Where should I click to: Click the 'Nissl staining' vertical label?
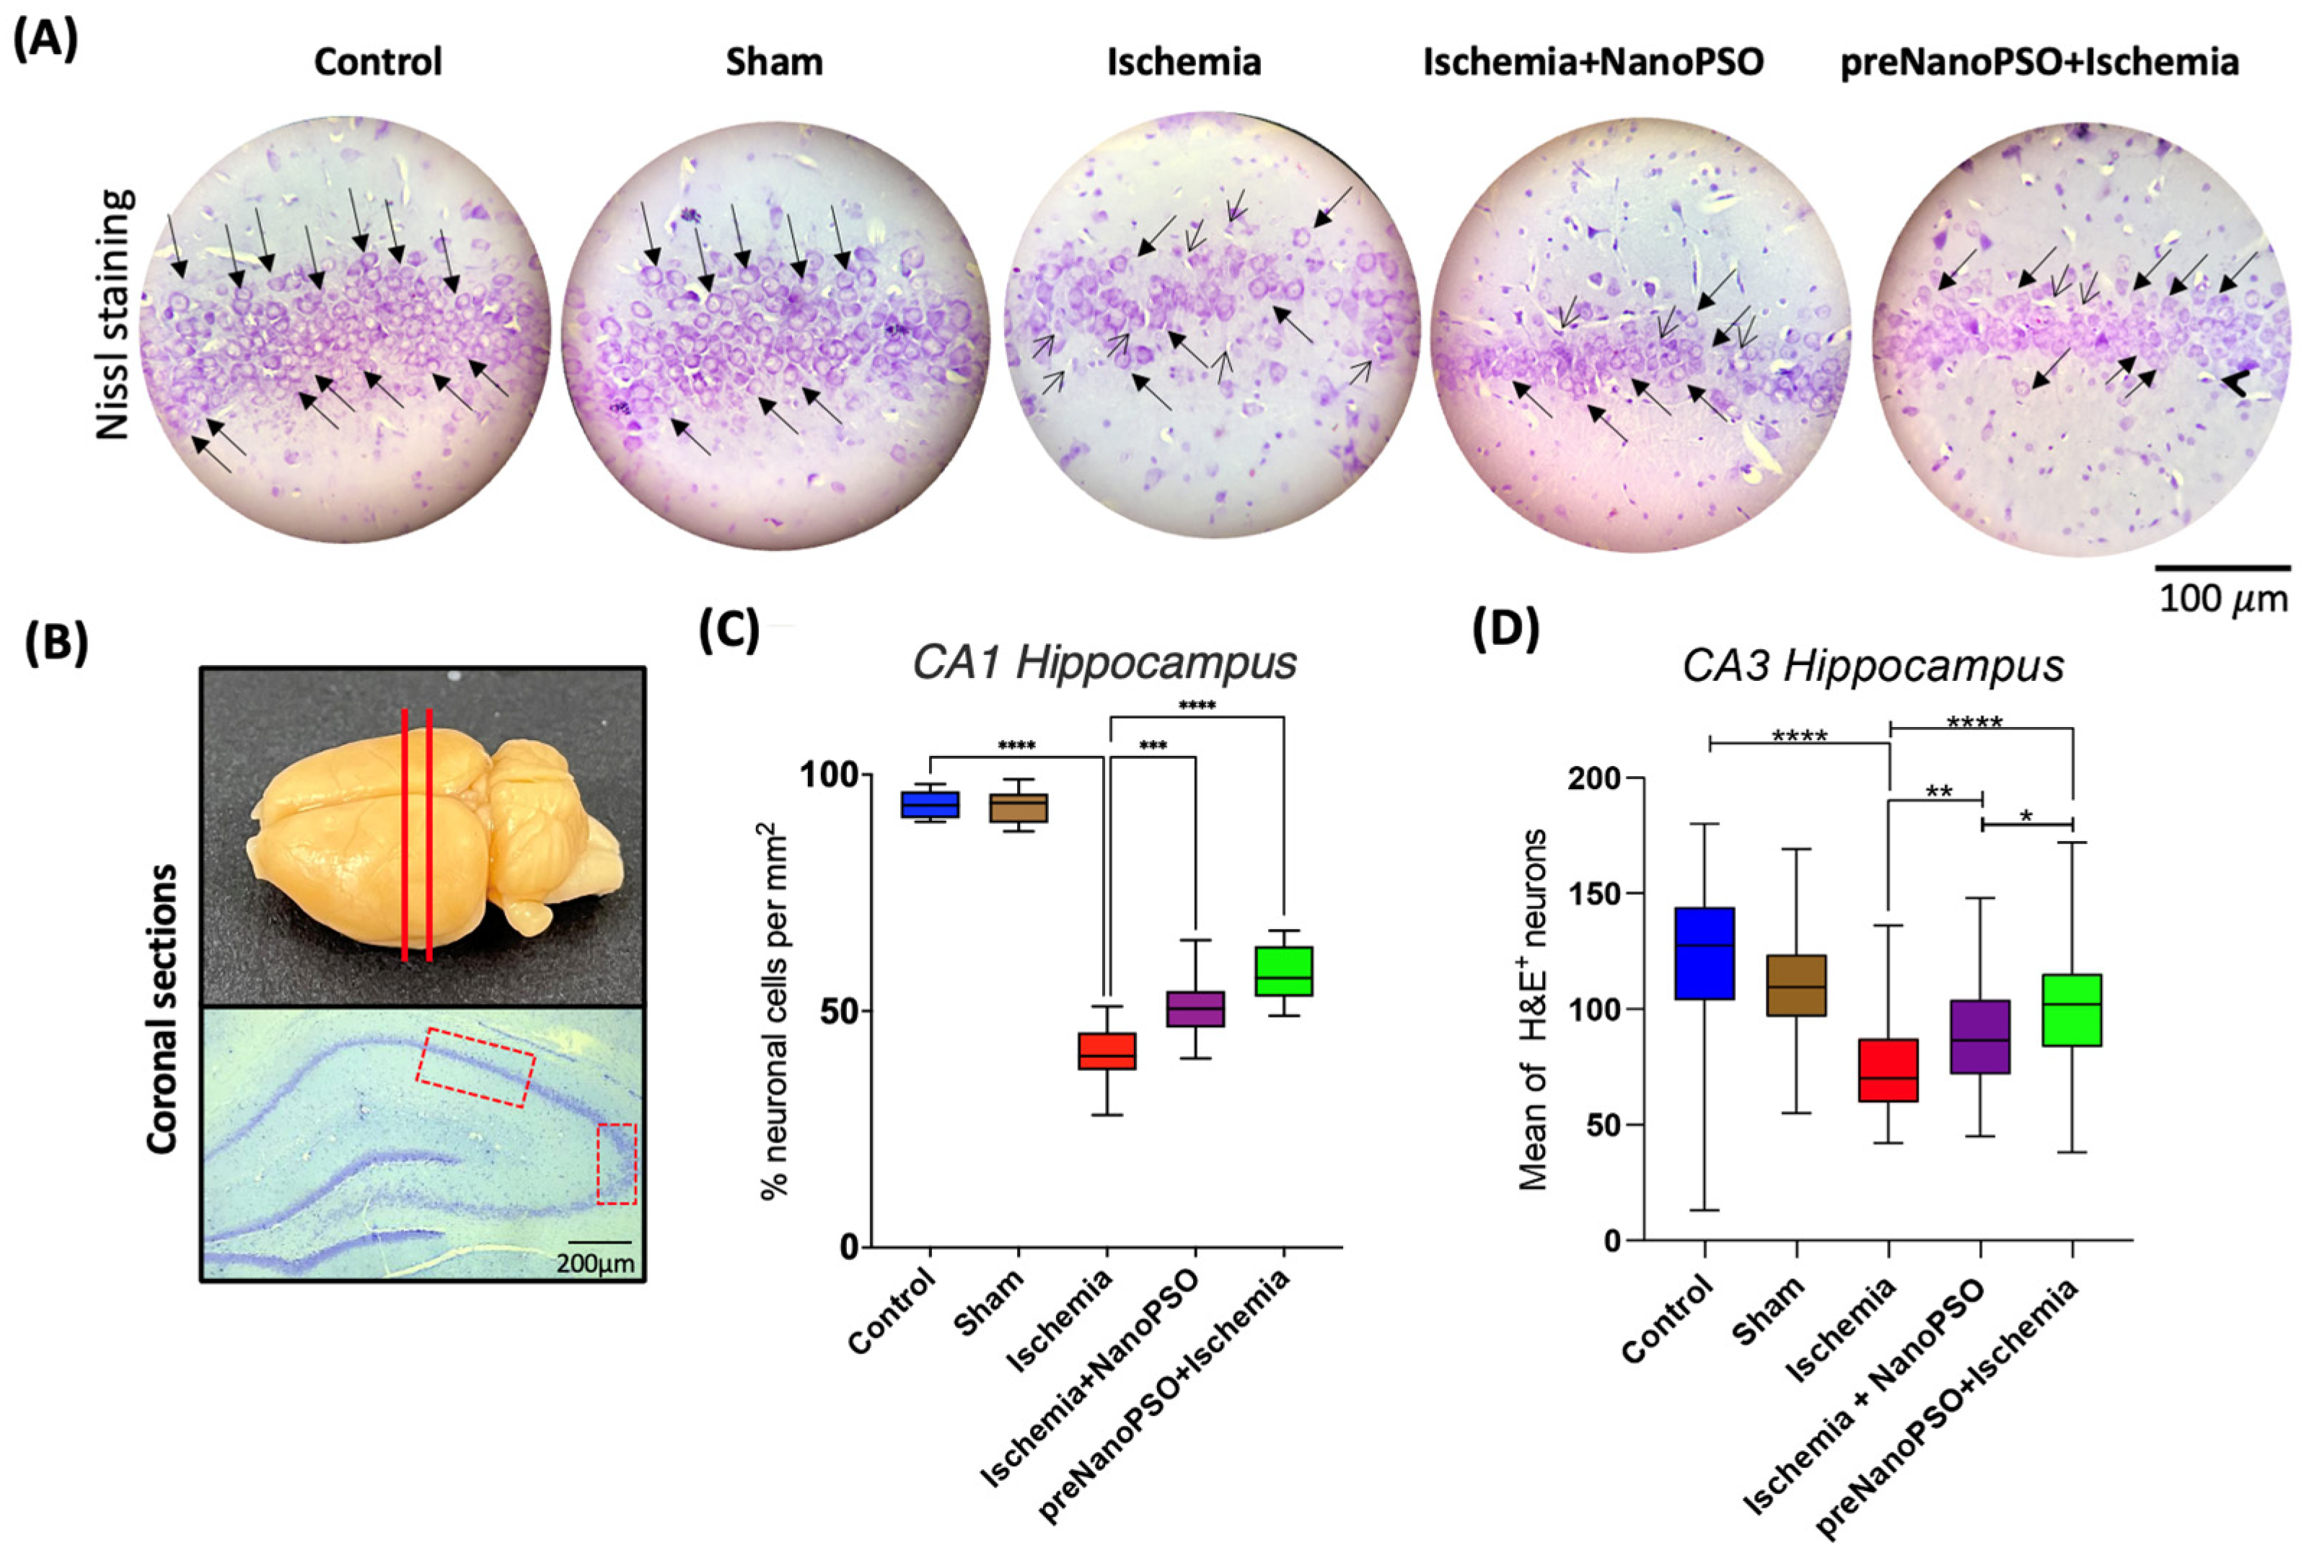point(114,314)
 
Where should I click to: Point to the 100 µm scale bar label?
point(2222,599)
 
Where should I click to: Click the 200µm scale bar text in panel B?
point(594,1264)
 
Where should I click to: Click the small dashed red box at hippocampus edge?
point(616,1163)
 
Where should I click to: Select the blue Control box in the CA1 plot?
point(930,804)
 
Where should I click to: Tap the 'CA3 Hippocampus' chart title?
point(1873,666)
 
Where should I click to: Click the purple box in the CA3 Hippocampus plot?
point(1981,1037)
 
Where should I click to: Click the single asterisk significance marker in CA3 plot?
point(2027,817)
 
